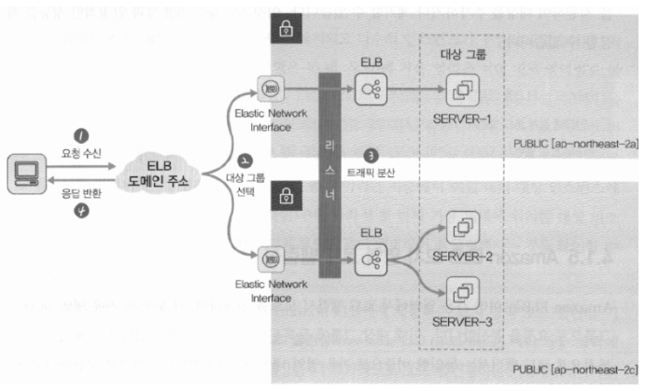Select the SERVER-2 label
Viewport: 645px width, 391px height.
coord(463,255)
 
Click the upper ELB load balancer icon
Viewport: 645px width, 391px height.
coord(366,91)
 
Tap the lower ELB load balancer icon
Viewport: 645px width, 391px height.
coord(366,255)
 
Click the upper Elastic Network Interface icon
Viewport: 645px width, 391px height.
coord(269,91)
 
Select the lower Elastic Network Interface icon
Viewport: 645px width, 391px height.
coord(269,255)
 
